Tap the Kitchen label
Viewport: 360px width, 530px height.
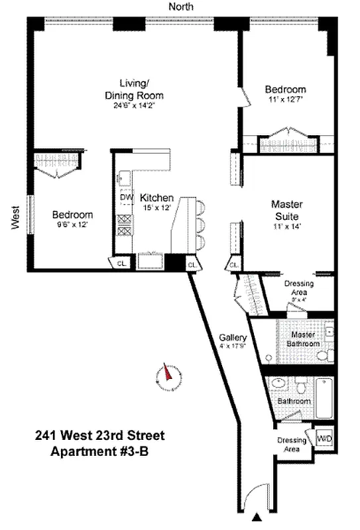point(156,197)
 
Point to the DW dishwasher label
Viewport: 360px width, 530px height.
point(126,197)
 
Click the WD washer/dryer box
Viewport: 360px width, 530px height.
point(324,439)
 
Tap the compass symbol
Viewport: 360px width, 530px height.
point(168,378)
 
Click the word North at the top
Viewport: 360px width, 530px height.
point(180,7)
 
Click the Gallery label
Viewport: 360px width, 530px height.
point(233,336)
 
